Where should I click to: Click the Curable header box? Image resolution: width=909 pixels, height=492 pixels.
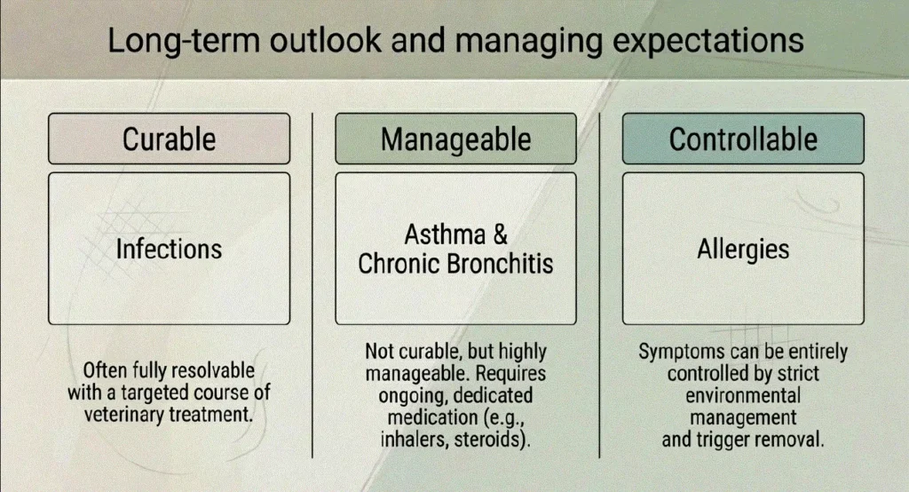pos(170,139)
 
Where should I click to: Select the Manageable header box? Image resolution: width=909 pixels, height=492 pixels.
pos(455,139)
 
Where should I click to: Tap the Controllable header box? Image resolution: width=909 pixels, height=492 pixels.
pos(743,139)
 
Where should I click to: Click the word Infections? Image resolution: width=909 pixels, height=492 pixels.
pos(169,249)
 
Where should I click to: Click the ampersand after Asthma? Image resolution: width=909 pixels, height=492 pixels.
pos(501,234)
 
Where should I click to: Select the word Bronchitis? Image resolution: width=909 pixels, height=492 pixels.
pos(500,264)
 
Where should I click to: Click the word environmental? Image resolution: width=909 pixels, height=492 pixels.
pos(743,396)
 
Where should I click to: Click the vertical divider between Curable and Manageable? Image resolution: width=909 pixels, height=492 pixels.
pos(312,285)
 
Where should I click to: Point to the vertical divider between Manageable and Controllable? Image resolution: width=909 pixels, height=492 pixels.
pos(599,285)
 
